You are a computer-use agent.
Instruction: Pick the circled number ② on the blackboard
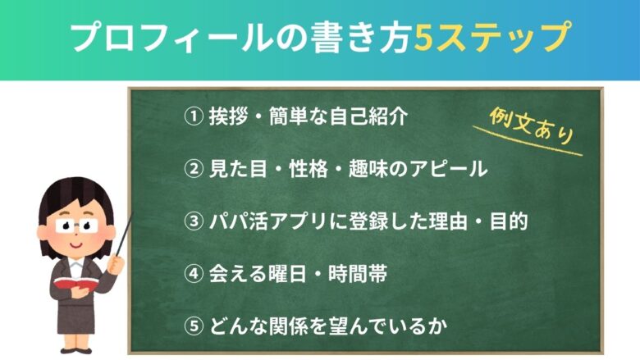tap(192, 171)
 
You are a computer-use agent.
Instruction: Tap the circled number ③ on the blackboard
tap(192, 222)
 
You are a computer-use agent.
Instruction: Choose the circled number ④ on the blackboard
tap(192, 275)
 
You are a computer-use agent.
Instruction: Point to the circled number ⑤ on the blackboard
tap(192, 326)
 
